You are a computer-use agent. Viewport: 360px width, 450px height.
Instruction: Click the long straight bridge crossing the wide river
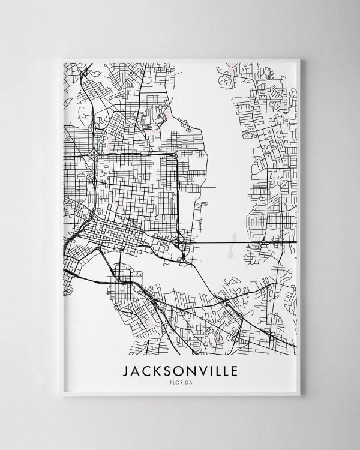coord(222,242)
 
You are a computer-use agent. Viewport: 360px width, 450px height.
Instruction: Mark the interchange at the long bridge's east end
coord(263,242)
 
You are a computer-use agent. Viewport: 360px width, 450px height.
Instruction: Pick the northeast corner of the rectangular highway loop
coord(176,155)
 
